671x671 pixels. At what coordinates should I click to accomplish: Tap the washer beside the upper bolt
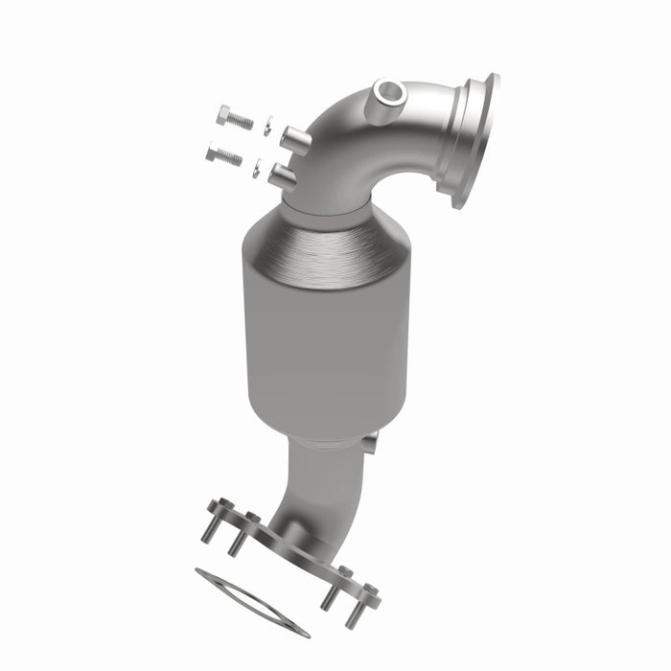point(267,126)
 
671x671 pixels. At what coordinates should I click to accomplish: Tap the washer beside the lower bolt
point(257,170)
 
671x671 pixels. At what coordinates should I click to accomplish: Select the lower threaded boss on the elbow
point(284,175)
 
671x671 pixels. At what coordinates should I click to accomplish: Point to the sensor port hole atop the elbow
point(389,94)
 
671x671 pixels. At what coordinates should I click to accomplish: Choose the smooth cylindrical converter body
point(326,335)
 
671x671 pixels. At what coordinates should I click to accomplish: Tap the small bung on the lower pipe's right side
point(369,443)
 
